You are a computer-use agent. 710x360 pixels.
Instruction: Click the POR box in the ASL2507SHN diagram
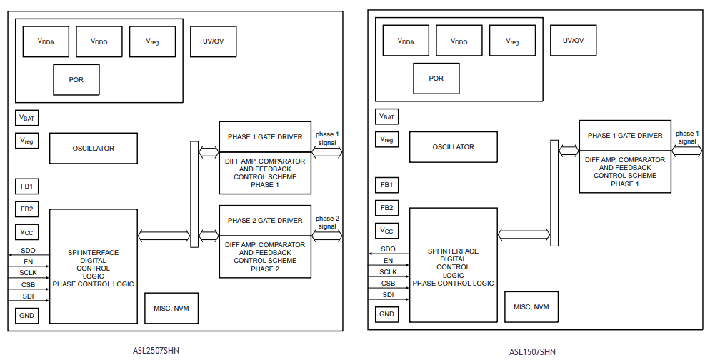[x=76, y=79]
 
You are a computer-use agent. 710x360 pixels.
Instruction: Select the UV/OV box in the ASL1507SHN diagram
[x=573, y=41]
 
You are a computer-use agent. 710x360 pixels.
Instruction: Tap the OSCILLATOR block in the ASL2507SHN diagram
[x=93, y=149]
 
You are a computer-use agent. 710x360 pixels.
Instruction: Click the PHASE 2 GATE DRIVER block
[x=265, y=221]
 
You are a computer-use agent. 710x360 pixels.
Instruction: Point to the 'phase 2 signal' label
[x=327, y=222]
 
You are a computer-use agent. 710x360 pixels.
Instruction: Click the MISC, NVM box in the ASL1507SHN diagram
[x=531, y=306]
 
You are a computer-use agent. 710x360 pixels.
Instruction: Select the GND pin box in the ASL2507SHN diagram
[x=27, y=315]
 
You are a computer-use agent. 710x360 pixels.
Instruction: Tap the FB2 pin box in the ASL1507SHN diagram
[x=387, y=208]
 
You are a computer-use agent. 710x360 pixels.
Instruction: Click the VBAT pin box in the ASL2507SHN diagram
[x=27, y=117]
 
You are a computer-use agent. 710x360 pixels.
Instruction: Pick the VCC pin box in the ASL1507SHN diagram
[x=387, y=231]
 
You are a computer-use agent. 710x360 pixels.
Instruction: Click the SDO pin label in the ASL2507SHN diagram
[x=28, y=251]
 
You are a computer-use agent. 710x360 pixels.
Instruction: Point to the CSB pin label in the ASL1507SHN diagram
[x=388, y=283]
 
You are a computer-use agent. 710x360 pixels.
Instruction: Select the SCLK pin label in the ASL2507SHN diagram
[x=28, y=273]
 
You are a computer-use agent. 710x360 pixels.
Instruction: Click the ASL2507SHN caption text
[x=155, y=350]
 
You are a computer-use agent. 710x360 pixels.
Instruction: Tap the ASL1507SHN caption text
[x=532, y=351]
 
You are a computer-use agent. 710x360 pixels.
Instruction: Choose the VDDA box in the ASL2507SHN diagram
[x=46, y=42]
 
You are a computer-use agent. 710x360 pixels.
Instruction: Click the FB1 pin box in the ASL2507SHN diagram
[x=27, y=186]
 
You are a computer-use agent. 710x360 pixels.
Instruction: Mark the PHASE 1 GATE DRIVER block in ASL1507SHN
[x=625, y=136]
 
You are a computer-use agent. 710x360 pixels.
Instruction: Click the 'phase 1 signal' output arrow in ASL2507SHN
[x=327, y=151]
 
